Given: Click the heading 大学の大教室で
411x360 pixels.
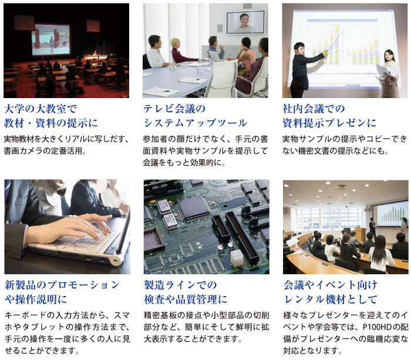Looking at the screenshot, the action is click(41, 109).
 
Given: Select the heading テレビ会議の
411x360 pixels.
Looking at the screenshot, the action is click(174, 109).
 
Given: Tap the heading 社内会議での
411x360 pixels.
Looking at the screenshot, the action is click(314, 109).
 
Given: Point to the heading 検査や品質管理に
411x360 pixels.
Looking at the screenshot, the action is click(186, 299).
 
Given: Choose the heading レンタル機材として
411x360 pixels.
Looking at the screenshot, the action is click(331, 299).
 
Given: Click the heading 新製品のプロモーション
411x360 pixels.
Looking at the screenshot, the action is click(62, 285).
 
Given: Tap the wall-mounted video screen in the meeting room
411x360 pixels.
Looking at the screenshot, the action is click(245, 22).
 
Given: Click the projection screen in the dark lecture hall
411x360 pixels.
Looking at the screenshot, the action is click(51, 39).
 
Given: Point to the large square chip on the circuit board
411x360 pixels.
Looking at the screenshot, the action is click(193, 208).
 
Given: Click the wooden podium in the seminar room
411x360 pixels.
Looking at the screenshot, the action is click(360, 234).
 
